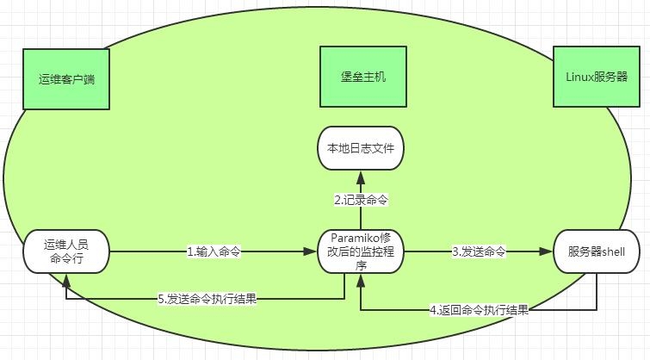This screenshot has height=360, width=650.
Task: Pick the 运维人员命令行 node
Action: (66, 251)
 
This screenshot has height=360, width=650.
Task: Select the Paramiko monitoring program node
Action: (362, 251)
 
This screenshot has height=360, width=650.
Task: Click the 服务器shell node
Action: (597, 251)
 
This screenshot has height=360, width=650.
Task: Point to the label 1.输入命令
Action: (214, 252)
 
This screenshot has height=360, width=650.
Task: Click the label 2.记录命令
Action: (362, 200)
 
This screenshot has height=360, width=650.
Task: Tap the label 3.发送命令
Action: (479, 252)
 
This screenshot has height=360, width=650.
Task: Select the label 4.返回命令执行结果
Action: (479, 308)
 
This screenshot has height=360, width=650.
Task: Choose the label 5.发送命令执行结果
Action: (207, 300)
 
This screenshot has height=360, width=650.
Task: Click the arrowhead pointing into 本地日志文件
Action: (362, 175)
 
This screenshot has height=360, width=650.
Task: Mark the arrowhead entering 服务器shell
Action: (548, 252)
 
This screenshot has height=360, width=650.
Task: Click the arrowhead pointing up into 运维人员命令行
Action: (66, 278)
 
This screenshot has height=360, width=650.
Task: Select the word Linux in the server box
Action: (579, 77)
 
